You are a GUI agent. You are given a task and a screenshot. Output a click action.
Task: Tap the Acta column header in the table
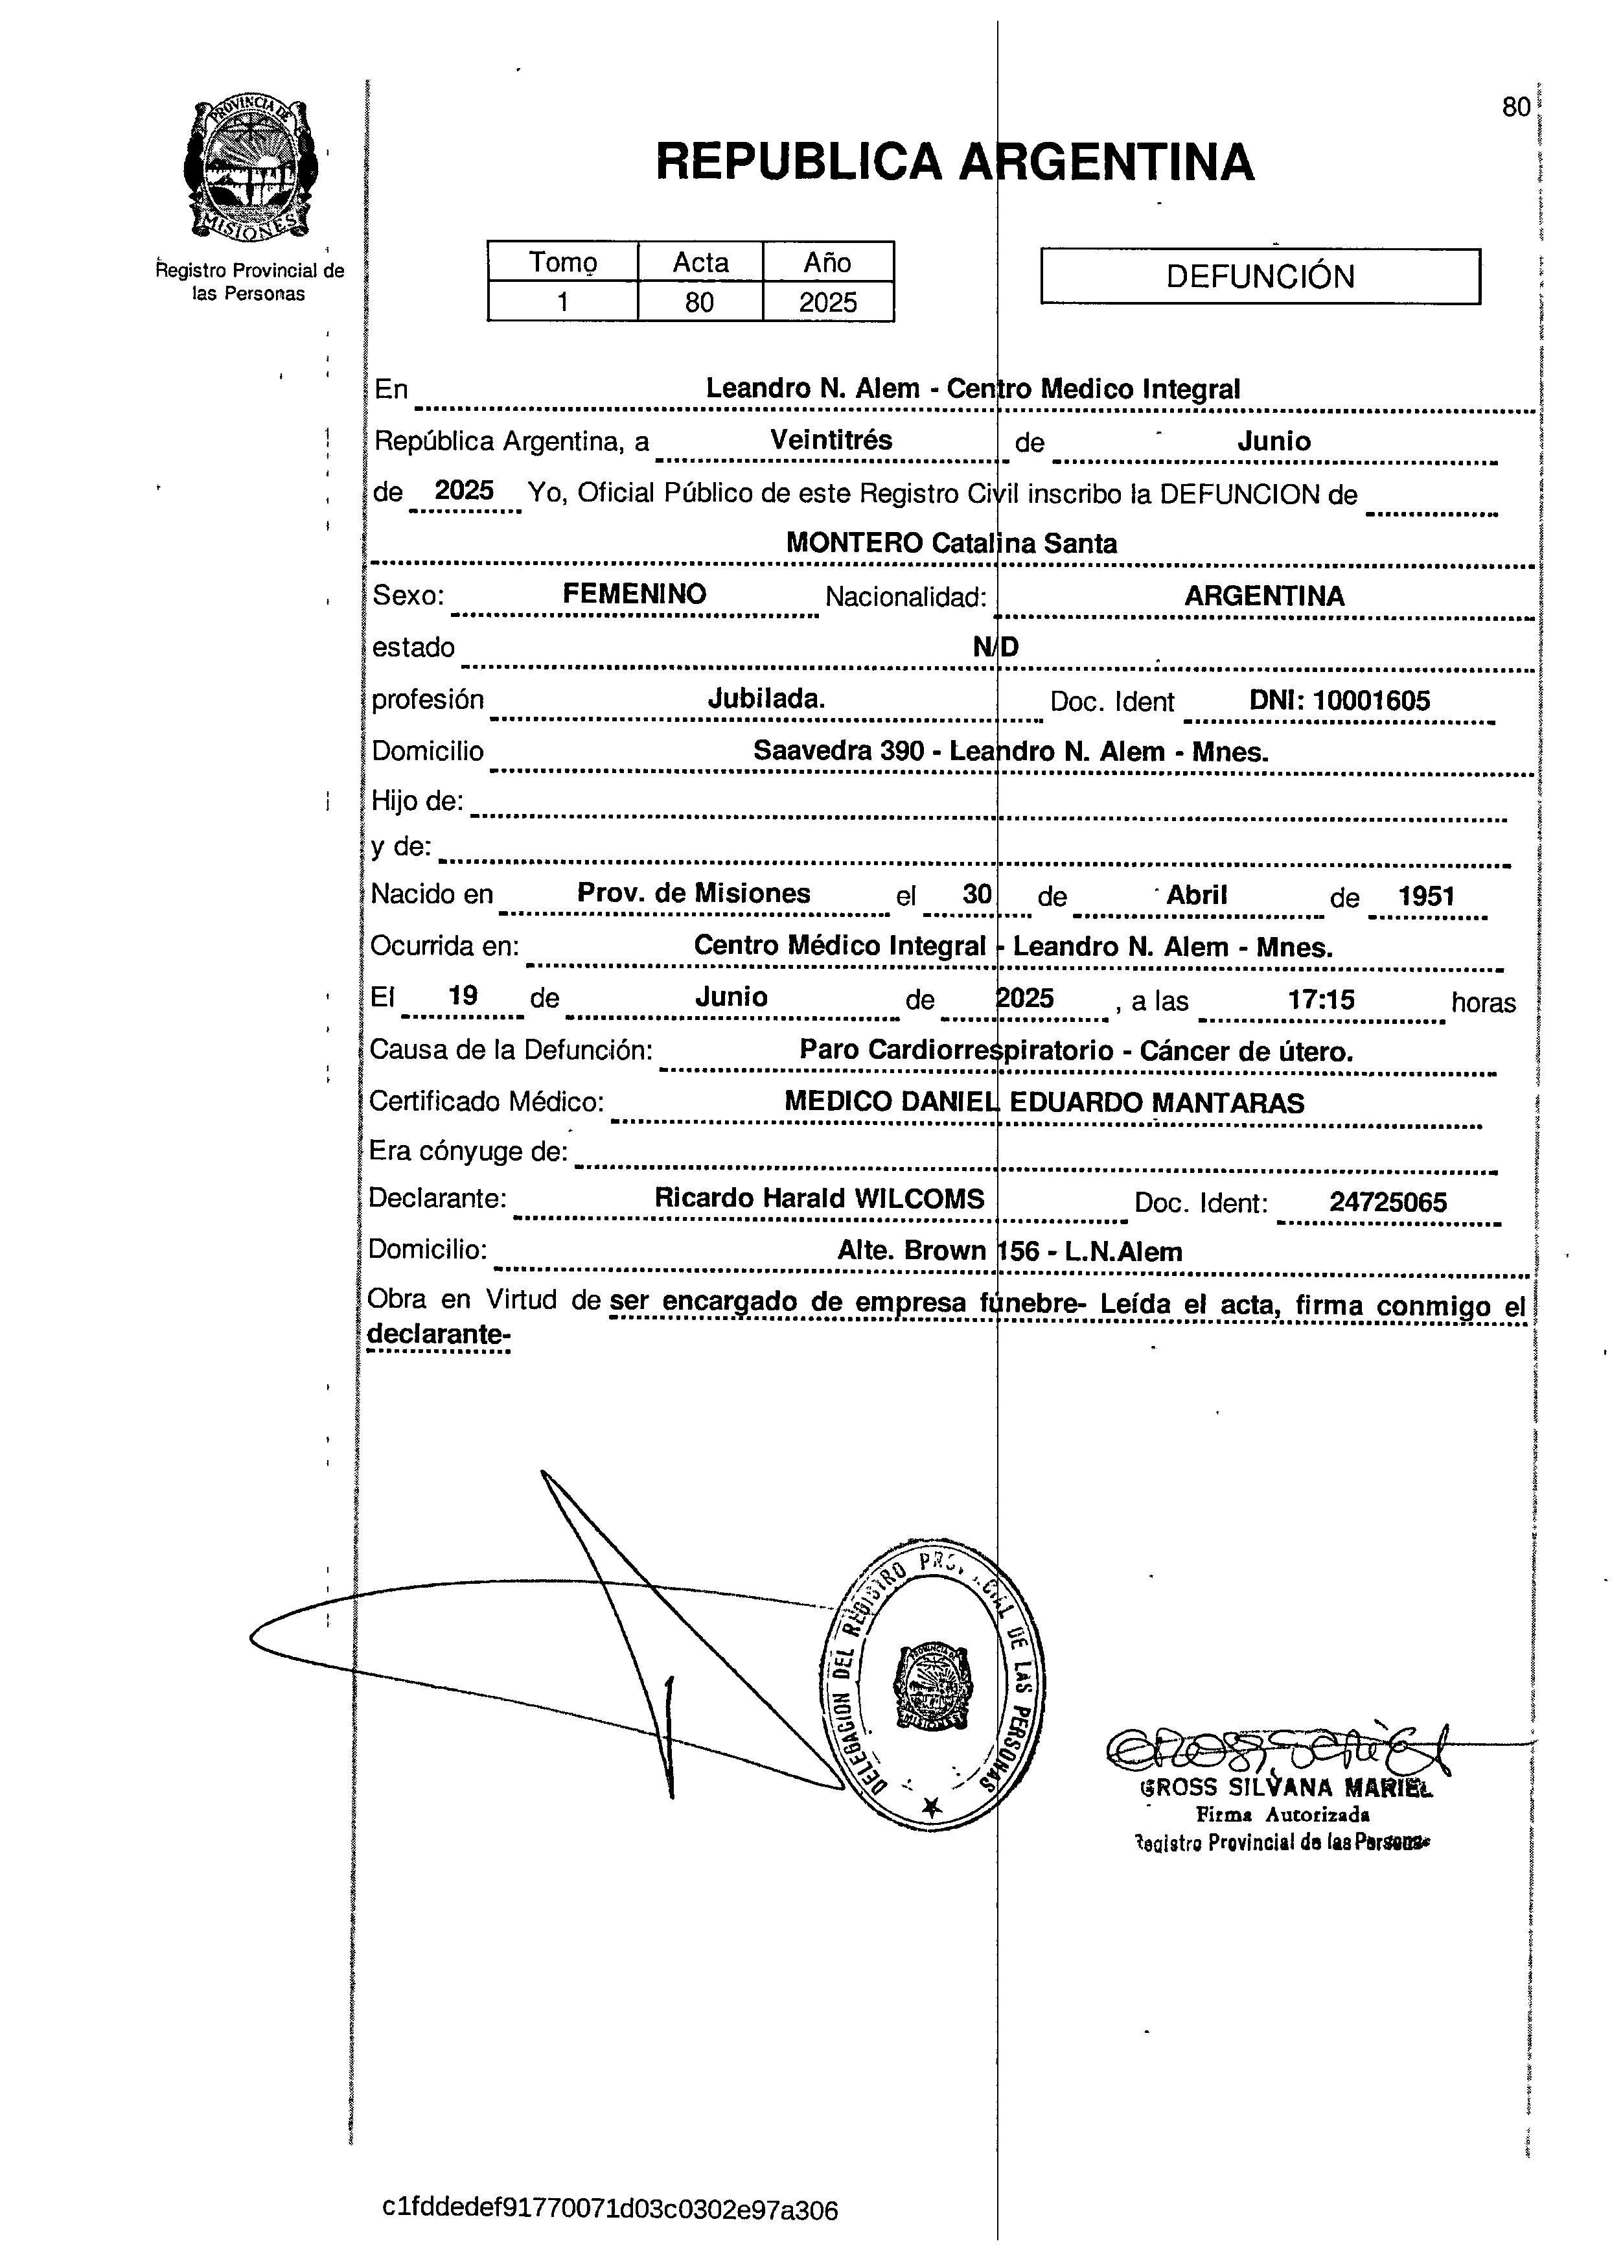coord(700,262)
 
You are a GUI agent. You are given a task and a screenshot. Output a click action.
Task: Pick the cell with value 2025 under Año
coord(827,302)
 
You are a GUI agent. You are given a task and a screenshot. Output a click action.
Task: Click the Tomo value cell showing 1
coord(562,302)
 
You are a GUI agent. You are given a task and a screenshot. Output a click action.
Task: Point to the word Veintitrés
coord(831,439)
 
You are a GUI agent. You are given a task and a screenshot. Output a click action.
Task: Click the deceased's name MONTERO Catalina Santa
coord(951,543)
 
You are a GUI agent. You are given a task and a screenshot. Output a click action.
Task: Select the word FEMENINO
coord(634,594)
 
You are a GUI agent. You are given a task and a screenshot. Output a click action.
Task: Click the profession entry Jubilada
coord(766,699)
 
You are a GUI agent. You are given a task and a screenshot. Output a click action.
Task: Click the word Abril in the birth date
coord(1196,894)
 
